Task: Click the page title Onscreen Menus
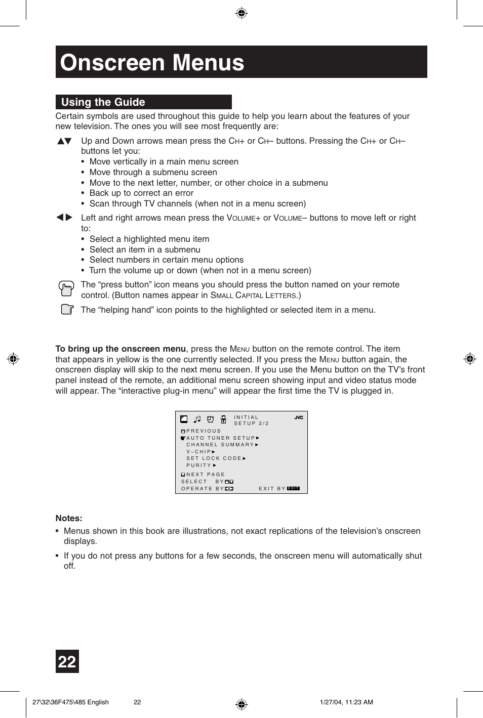(152, 63)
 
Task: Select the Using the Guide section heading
(103, 102)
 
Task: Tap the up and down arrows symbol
(64, 141)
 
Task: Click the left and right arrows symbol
(64, 218)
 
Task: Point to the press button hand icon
(66, 289)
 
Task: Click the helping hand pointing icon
(67, 309)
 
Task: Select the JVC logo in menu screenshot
(299, 417)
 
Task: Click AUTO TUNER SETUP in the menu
(221, 438)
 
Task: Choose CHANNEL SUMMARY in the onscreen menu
(220, 445)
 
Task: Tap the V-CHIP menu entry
(199, 452)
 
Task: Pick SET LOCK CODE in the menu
(214, 458)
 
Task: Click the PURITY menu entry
(199, 466)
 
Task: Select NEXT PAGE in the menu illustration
(206, 475)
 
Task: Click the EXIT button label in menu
(294, 489)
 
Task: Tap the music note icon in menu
(197, 419)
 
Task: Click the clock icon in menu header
(210, 419)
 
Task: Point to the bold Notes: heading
(69, 518)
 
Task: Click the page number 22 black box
(67, 661)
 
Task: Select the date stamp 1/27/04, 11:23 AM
(346, 702)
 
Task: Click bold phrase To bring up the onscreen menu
(120, 349)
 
